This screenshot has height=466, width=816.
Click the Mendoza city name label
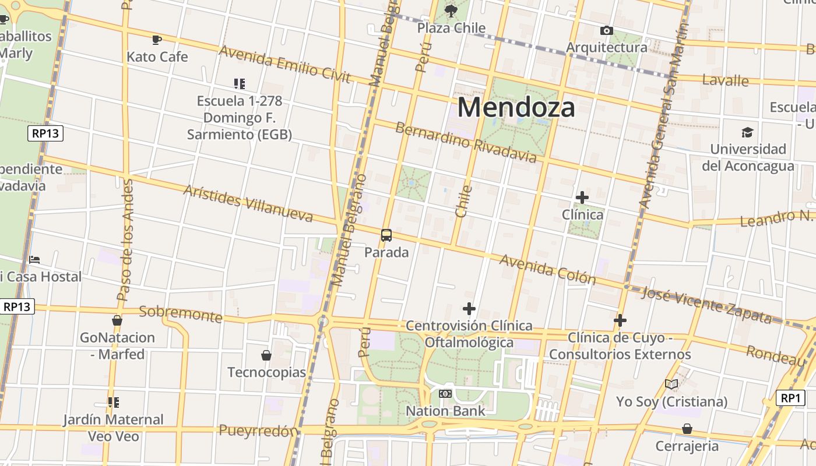[x=516, y=107]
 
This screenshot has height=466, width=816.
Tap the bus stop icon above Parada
[x=386, y=235]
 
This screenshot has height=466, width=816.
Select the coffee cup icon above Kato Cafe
[x=156, y=40]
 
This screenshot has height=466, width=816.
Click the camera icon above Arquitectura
[x=606, y=30]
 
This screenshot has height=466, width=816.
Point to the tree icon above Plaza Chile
[x=451, y=10]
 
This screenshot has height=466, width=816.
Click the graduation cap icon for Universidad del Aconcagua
[x=747, y=132]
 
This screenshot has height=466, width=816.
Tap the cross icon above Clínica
[x=582, y=197]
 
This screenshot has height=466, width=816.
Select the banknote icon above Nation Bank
[x=445, y=394]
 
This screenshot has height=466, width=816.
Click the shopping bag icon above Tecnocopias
[x=266, y=355]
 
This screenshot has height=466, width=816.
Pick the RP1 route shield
[x=790, y=398]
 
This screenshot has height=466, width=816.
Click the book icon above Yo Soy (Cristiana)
[x=671, y=384]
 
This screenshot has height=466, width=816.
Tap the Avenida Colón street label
[x=548, y=270]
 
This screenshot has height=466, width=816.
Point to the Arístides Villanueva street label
[x=248, y=204]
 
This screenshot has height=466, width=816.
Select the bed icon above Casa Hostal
[x=34, y=259]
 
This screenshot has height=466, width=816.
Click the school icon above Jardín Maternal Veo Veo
[x=114, y=402]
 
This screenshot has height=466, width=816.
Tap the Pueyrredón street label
[x=258, y=431]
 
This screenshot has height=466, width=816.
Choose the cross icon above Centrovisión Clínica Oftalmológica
[x=469, y=308]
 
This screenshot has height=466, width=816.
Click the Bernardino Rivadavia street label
[x=465, y=142]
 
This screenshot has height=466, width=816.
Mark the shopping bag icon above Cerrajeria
[x=687, y=429]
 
